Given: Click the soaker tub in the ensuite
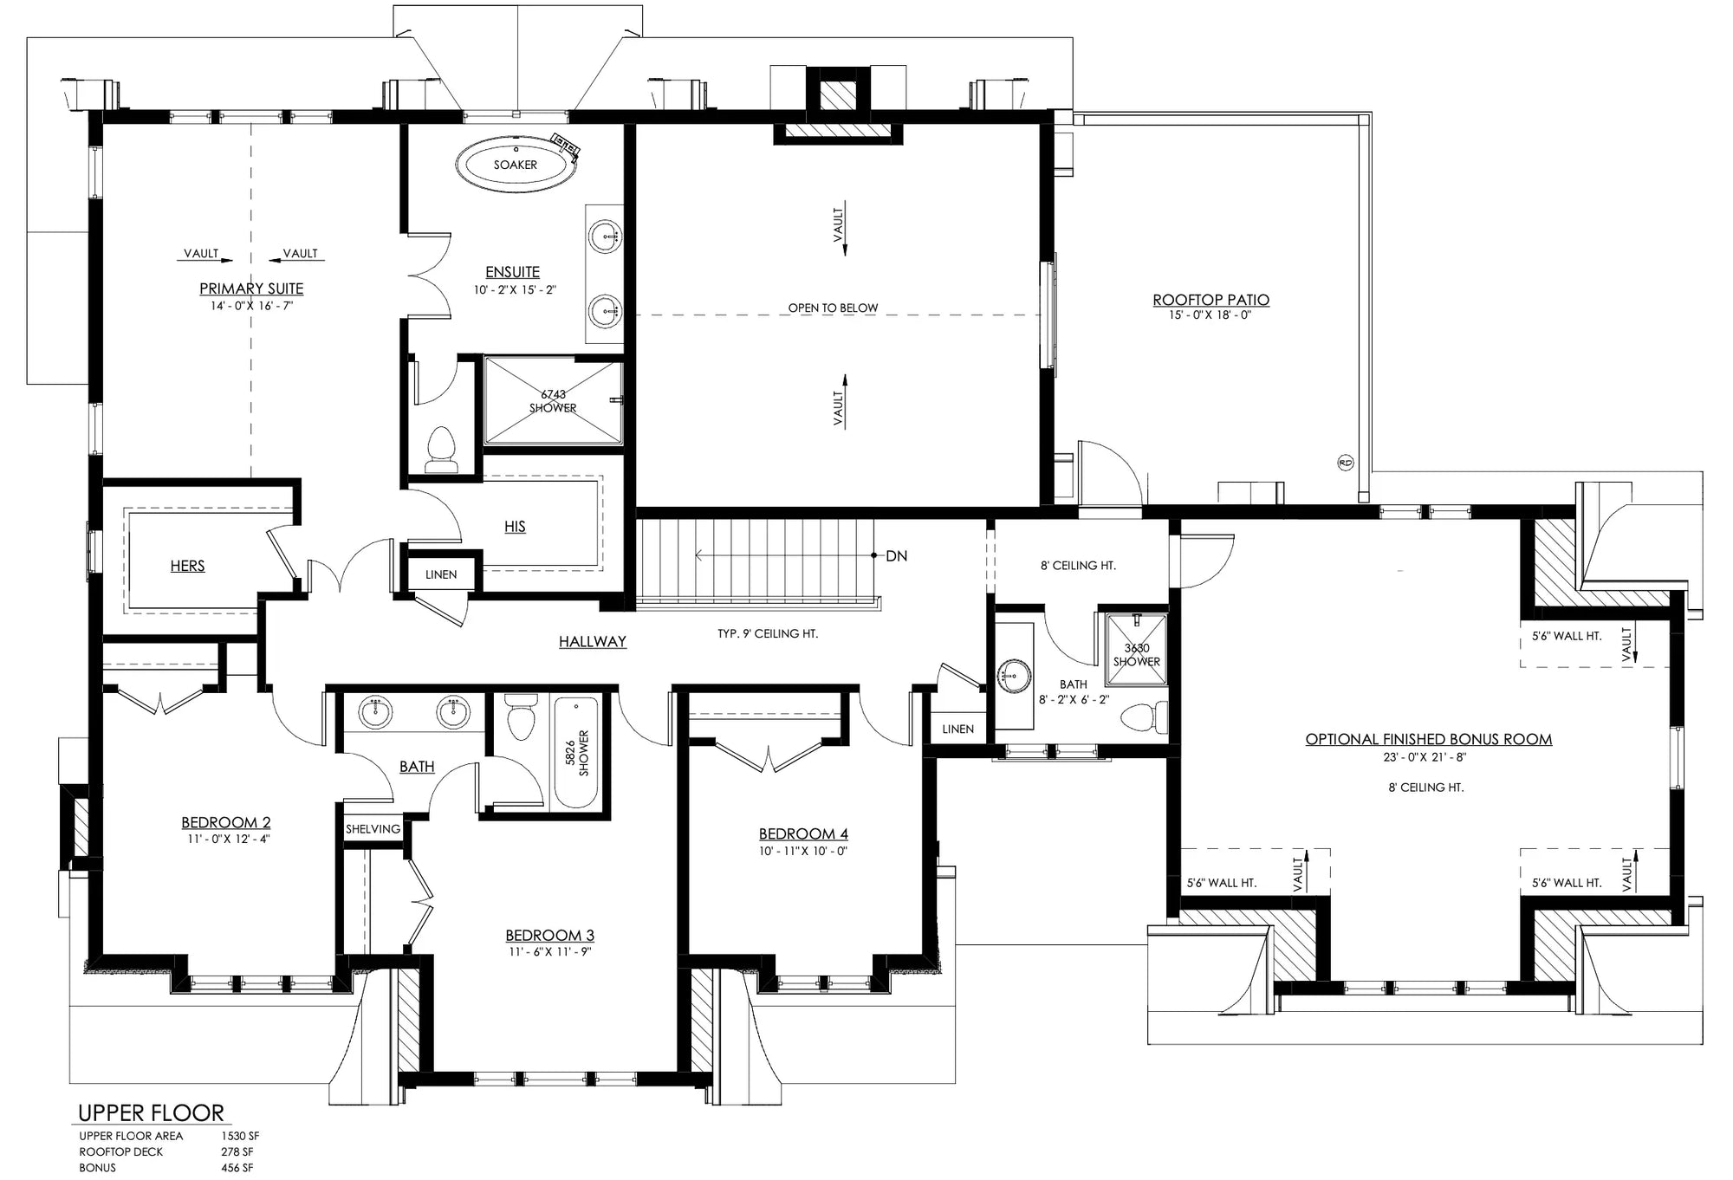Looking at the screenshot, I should click(516, 164).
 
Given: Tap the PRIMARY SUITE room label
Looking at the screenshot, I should click(251, 289).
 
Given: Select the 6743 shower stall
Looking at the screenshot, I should click(553, 401).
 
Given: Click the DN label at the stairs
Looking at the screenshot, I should click(896, 556).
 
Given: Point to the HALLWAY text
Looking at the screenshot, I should click(592, 642).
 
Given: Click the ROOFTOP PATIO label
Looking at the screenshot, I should click(1211, 300).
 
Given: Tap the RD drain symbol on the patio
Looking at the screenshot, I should click(1345, 462).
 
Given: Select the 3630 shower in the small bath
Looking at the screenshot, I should click(1136, 654).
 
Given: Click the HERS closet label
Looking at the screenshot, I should click(187, 566).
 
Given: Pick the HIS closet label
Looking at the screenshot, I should click(515, 527).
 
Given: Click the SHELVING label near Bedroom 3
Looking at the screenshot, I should click(373, 829).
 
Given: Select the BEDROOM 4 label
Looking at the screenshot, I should click(803, 834).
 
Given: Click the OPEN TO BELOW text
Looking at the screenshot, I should click(833, 308).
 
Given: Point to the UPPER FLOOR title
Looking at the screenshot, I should click(151, 1112).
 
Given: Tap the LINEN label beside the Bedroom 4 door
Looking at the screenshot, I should click(957, 729).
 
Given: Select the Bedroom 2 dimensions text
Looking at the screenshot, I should click(226, 839).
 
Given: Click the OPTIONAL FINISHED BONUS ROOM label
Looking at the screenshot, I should click(1428, 740).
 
